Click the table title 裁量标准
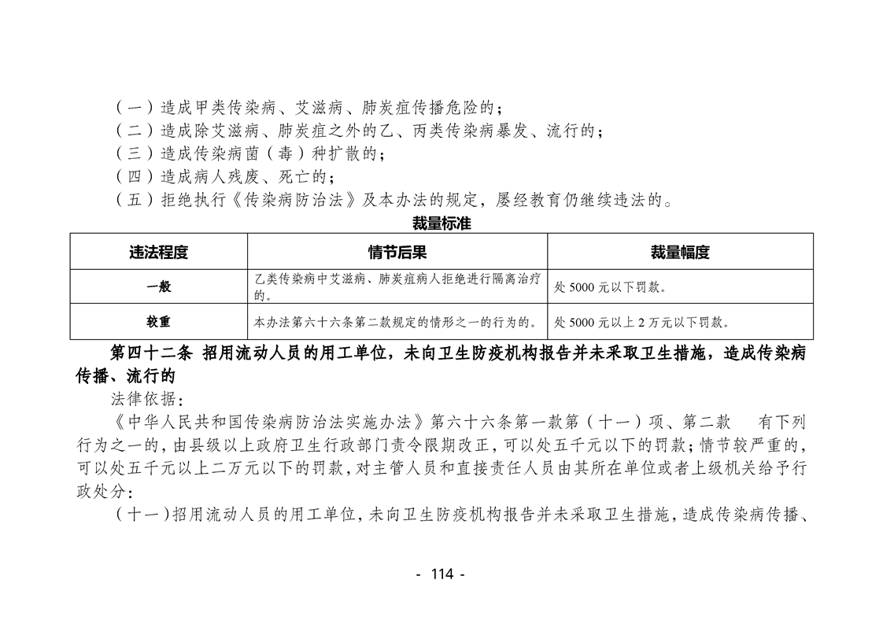(x=441, y=223)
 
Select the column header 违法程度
(x=158, y=253)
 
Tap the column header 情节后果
(x=397, y=253)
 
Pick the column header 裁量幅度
(x=680, y=253)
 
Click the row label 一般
(x=158, y=287)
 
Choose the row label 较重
(x=158, y=322)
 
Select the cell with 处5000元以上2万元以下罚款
(x=642, y=323)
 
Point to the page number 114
(x=441, y=574)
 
